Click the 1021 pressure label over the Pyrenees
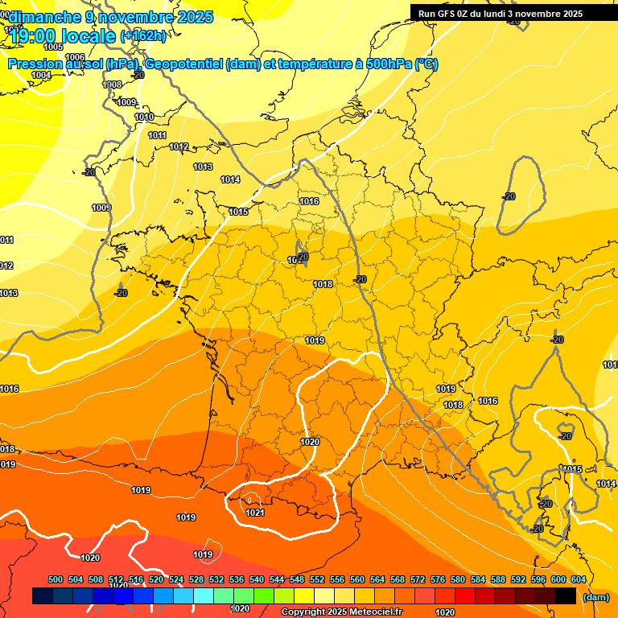(x=255, y=513)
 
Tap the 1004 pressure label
(x=41, y=75)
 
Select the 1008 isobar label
(x=113, y=85)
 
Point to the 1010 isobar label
(x=144, y=117)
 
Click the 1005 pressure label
(x=53, y=47)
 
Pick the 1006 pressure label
(x=75, y=57)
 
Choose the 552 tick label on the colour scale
(x=317, y=579)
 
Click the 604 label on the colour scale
(x=578, y=579)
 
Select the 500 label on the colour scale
(x=56, y=579)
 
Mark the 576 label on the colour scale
(x=438, y=579)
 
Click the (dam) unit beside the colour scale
(x=595, y=597)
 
